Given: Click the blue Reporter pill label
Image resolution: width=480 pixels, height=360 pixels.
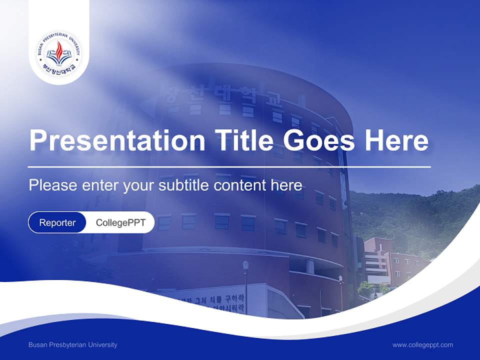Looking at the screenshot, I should pos(57,222).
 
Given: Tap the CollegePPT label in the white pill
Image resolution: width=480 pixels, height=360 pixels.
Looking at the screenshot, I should pos(120,222).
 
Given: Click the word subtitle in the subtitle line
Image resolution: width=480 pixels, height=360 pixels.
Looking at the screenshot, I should pos(184,185).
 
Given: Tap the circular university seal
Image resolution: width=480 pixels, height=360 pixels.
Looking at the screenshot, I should pos(59,53).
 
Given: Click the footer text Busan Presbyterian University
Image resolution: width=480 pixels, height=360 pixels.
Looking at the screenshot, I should pos(73,344).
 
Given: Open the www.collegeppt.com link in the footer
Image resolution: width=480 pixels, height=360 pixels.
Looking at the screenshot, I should pos(422,344).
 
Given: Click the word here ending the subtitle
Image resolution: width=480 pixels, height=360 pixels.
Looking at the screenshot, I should pos(286,185).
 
